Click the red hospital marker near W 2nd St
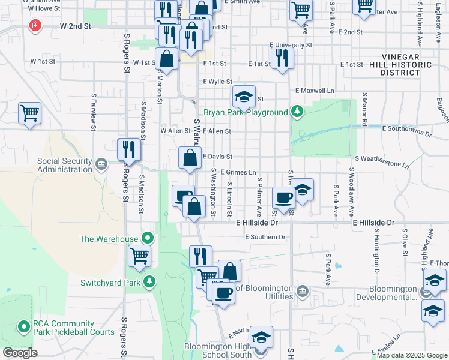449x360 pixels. (x=35, y=26)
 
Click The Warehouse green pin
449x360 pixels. (x=145, y=238)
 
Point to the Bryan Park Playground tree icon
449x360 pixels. (x=296, y=112)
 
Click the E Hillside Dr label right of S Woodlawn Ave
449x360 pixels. (x=373, y=223)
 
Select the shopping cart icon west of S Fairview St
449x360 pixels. (x=29, y=113)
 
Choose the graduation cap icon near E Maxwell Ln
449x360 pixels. (x=244, y=96)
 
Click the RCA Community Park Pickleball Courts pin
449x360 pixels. (x=24, y=327)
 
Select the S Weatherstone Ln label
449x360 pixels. (x=382, y=158)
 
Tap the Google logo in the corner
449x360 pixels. (x=19, y=352)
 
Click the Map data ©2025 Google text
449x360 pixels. (x=411, y=355)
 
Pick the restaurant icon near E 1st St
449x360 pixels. (x=281, y=58)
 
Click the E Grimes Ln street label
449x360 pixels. (x=238, y=172)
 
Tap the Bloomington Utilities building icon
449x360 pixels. (x=303, y=292)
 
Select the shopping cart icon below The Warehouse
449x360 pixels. (x=140, y=256)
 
